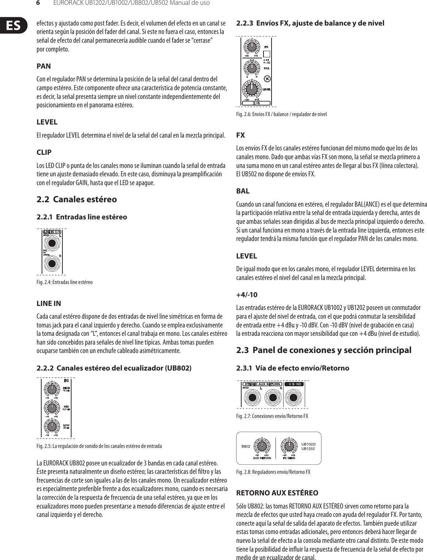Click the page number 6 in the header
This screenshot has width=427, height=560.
click(x=38, y=3)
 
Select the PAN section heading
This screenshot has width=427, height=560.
click(x=44, y=66)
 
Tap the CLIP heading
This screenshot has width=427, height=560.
click(x=44, y=152)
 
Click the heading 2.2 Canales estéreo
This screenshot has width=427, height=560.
click(x=77, y=199)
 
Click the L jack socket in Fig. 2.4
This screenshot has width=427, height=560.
click(x=52, y=244)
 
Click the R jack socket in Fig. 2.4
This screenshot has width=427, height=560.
click(x=52, y=264)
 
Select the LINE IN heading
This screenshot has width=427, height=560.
click(x=49, y=303)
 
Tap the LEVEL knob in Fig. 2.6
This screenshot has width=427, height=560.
click(x=251, y=89)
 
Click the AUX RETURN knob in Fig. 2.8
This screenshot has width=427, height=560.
click(x=261, y=446)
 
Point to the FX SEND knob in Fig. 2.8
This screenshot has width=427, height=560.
click(x=289, y=446)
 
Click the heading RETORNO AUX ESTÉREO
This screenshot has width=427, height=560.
click(x=277, y=493)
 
